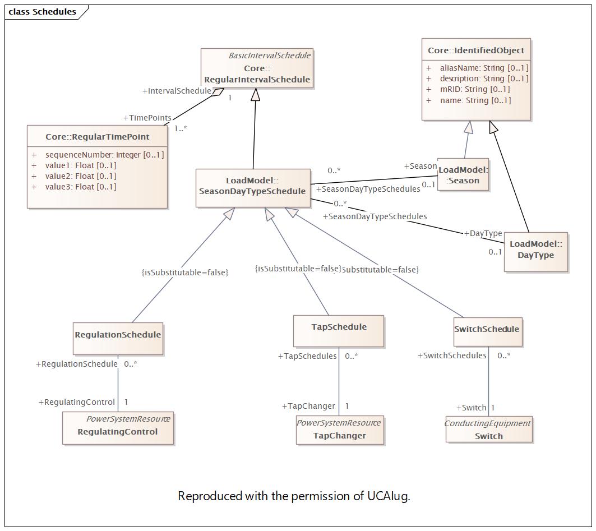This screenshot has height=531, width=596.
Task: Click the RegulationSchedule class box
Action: [118, 339]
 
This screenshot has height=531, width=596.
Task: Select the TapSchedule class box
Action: [339, 331]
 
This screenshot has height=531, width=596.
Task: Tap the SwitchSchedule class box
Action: [488, 332]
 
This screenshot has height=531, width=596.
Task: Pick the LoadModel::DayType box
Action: [536, 252]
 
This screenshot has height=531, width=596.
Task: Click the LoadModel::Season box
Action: [463, 174]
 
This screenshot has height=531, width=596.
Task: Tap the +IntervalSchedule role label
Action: [177, 91]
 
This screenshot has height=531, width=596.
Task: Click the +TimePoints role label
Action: [147, 118]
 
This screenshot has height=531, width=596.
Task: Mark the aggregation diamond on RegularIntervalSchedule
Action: [218, 91]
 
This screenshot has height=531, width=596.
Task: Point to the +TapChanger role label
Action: [308, 406]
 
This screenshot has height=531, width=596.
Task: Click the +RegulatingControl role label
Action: [76, 402]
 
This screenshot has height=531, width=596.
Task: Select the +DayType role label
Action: [483, 233]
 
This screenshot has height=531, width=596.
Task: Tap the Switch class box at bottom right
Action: [489, 429]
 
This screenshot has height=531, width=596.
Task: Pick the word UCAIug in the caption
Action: [388, 496]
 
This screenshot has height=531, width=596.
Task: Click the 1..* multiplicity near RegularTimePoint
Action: [181, 128]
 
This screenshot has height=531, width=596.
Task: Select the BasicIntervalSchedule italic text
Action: [270, 56]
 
